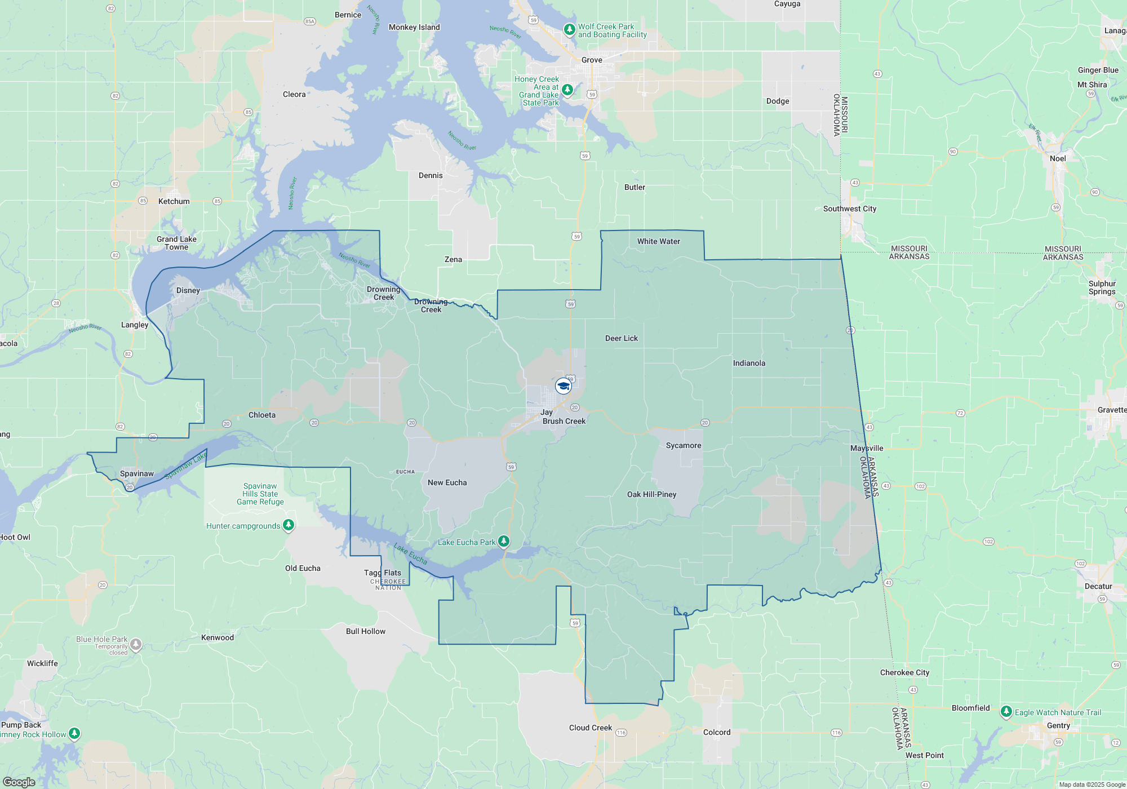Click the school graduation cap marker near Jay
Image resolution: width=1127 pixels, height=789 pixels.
pyautogui.click(x=563, y=386)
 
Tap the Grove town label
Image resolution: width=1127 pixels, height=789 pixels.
pyautogui.click(x=592, y=60)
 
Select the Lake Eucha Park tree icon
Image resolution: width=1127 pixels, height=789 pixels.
pyautogui.click(x=504, y=542)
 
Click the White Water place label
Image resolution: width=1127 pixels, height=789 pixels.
pyautogui.click(x=658, y=241)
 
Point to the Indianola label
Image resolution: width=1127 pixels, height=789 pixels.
pyautogui.click(x=749, y=363)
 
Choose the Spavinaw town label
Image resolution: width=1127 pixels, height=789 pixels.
pyautogui.click(x=137, y=473)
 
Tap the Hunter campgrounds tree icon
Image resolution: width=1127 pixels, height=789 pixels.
pyautogui.click(x=289, y=525)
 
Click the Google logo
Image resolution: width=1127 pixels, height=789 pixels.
pyautogui.click(x=19, y=782)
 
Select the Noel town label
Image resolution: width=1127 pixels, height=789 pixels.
pyautogui.click(x=1058, y=158)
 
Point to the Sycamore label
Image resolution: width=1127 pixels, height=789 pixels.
pyautogui.click(x=684, y=445)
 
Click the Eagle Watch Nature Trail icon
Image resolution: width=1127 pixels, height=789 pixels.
pyautogui.click(x=1006, y=712)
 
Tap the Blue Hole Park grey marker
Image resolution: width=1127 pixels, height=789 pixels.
pyautogui.click(x=136, y=644)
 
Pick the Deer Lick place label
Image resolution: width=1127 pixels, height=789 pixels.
pyautogui.click(x=622, y=338)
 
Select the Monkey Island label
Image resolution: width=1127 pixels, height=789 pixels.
pyautogui.click(x=414, y=27)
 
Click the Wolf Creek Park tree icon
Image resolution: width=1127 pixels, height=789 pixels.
pyautogui.click(x=570, y=29)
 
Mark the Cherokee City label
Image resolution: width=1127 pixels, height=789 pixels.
pyautogui.click(x=904, y=672)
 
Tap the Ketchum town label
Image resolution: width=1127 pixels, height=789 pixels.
pyautogui.click(x=174, y=201)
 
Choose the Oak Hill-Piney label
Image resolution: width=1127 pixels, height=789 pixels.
pyautogui.click(x=651, y=494)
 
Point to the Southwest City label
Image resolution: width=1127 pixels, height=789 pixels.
pyautogui.click(x=850, y=209)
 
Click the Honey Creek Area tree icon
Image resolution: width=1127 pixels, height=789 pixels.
pyautogui.click(x=567, y=90)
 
